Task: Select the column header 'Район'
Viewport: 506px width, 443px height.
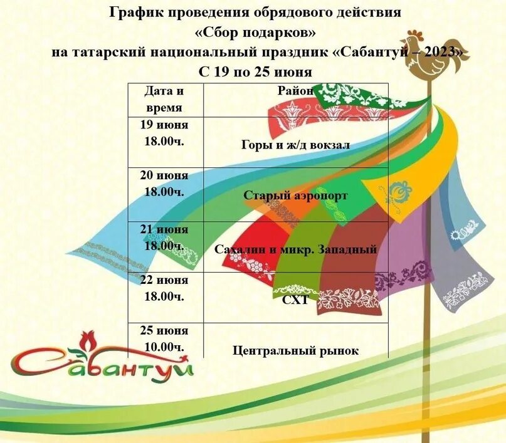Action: pos(295,91)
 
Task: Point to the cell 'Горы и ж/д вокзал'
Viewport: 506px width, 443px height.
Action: pos(295,145)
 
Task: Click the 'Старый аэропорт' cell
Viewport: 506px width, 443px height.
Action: pos(295,195)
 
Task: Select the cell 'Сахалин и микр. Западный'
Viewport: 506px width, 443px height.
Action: pos(295,249)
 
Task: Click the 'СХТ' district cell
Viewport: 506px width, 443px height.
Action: pos(295,300)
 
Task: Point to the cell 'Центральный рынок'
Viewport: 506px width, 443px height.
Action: pos(295,351)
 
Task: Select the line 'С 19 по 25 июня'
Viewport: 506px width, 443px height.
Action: pos(255,72)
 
